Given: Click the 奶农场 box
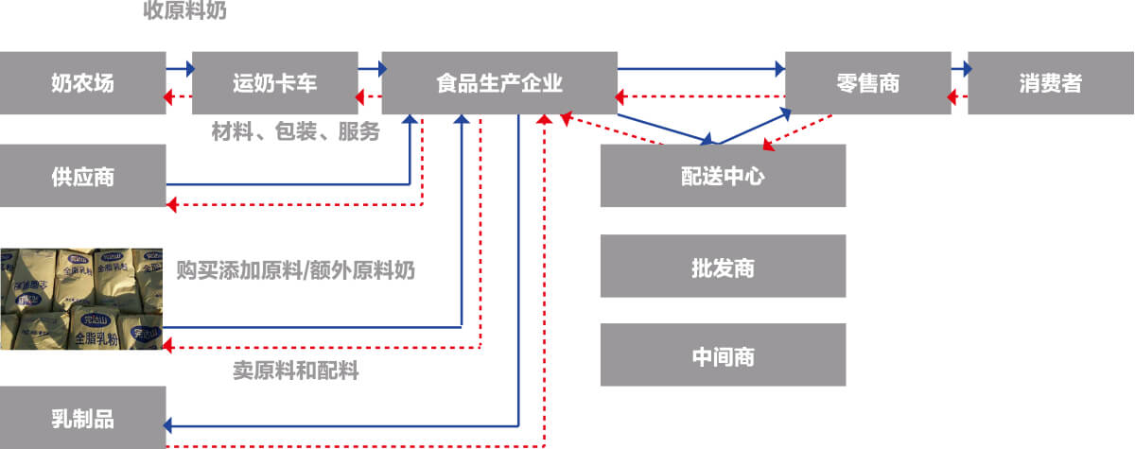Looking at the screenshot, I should pyautogui.click(x=82, y=83).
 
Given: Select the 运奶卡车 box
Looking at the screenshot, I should pyautogui.click(x=274, y=83).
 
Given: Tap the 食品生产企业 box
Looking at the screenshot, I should pyautogui.click(x=499, y=83).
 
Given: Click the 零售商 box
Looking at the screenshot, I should pyautogui.click(x=867, y=83).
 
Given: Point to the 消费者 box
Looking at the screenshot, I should pyautogui.click(x=1050, y=83).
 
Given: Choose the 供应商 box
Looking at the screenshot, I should pyautogui.click(x=82, y=176).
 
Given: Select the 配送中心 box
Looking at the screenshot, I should pyautogui.click(x=723, y=176).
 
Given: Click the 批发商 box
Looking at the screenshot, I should pyautogui.click(x=723, y=267).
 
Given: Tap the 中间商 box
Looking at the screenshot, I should pyautogui.click(x=723, y=357).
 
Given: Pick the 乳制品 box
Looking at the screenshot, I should pyautogui.click(x=82, y=418).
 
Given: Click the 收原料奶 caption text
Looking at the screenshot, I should pyautogui.click(x=185, y=11).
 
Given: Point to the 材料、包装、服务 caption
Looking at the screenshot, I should pyautogui.click(x=295, y=132).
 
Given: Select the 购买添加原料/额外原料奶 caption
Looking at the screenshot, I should pyautogui.click(x=295, y=270).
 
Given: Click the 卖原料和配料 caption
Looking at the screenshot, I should pyautogui.click(x=295, y=371).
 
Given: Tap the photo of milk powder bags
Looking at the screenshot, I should pyautogui.click(x=82, y=299).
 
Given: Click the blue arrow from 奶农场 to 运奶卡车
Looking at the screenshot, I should pyautogui.click(x=180, y=68).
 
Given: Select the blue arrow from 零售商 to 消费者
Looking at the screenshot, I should pyautogui.click(x=960, y=68).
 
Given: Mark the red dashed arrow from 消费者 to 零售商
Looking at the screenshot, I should pyautogui.click(x=958, y=97).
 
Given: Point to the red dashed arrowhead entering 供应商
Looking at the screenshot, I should pyautogui.click(x=171, y=205).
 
